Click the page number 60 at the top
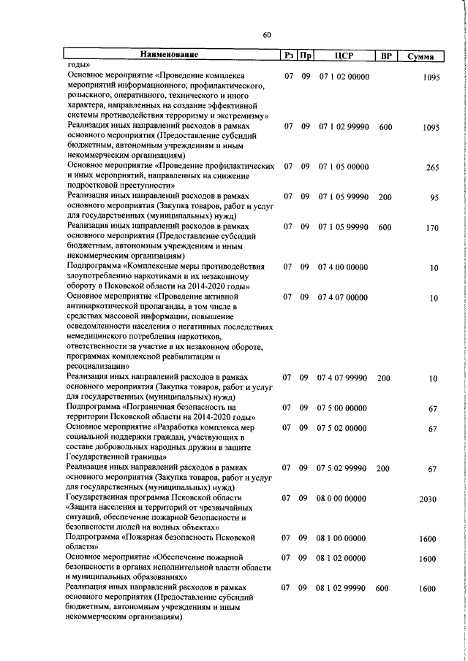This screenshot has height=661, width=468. click(267, 34)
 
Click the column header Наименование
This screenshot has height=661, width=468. click(170, 56)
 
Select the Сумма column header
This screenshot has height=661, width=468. click(423, 56)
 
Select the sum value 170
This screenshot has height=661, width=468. click(432, 228)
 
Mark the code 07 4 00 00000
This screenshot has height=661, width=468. click(343, 267)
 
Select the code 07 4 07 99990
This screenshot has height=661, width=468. click(343, 378)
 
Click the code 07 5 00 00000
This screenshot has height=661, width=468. click(343, 408)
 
